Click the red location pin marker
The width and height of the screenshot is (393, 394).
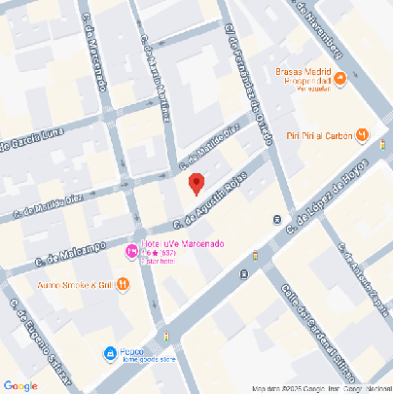(x=196, y=183)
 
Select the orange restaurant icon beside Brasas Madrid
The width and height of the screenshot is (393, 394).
(x=338, y=78)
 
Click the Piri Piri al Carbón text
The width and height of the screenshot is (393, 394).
(x=318, y=135)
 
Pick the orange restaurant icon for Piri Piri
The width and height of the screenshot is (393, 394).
(x=362, y=134)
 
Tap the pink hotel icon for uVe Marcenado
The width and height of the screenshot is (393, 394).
(x=131, y=252)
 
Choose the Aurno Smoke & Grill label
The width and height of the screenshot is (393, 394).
(x=73, y=284)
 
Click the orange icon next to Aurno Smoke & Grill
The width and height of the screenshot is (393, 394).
(x=123, y=284)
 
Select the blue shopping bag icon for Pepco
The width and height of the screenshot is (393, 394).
(x=111, y=352)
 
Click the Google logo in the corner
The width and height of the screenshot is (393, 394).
(x=20, y=385)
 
